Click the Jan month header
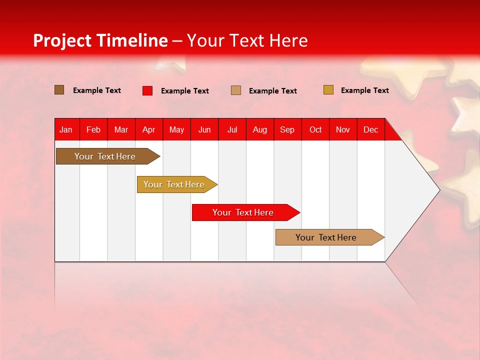click(x=66, y=129)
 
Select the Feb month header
click(x=93, y=129)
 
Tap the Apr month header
click(x=149, y=129)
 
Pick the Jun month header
click(x=204, y=129)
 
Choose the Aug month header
click(x=260, y=129)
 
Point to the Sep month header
click(x=287, y=129)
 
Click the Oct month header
click(x=315, y=129)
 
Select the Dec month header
click(x=371, y=129)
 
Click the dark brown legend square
click(x=59, y=90)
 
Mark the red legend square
click(x=147, y=90)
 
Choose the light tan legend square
click(x=236, y=90)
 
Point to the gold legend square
click(x=328, y=90)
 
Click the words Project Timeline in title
click(x=100, y=40)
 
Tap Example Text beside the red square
click(x=185, y=91)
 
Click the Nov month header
click(x=343, y=129)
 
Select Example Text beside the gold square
click(x=365, y=90)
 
